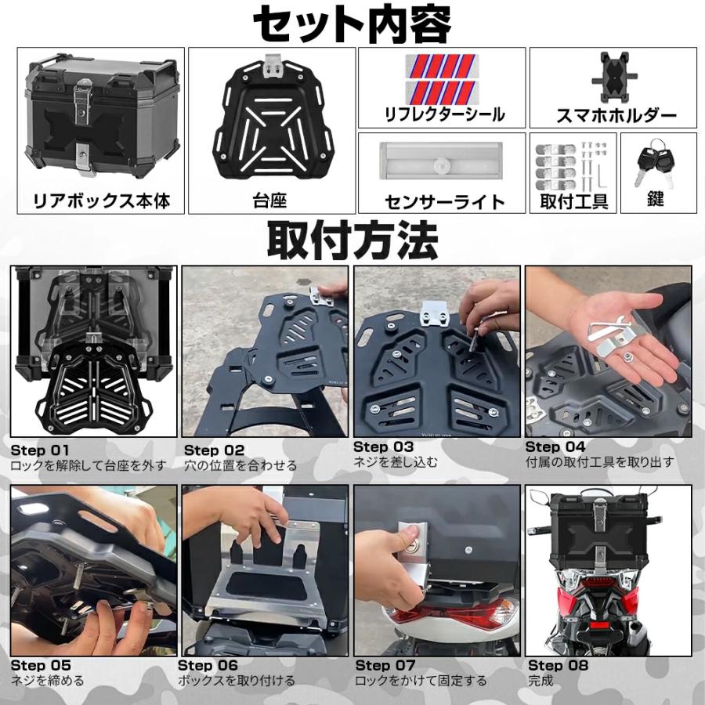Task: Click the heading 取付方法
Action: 352,240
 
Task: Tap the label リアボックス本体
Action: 101,201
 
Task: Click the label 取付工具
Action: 574,201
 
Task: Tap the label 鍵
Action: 656,200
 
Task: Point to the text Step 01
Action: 40,450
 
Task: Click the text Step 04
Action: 555,447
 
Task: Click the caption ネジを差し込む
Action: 395,462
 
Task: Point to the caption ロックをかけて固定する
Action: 421,681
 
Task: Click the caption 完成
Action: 541,681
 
